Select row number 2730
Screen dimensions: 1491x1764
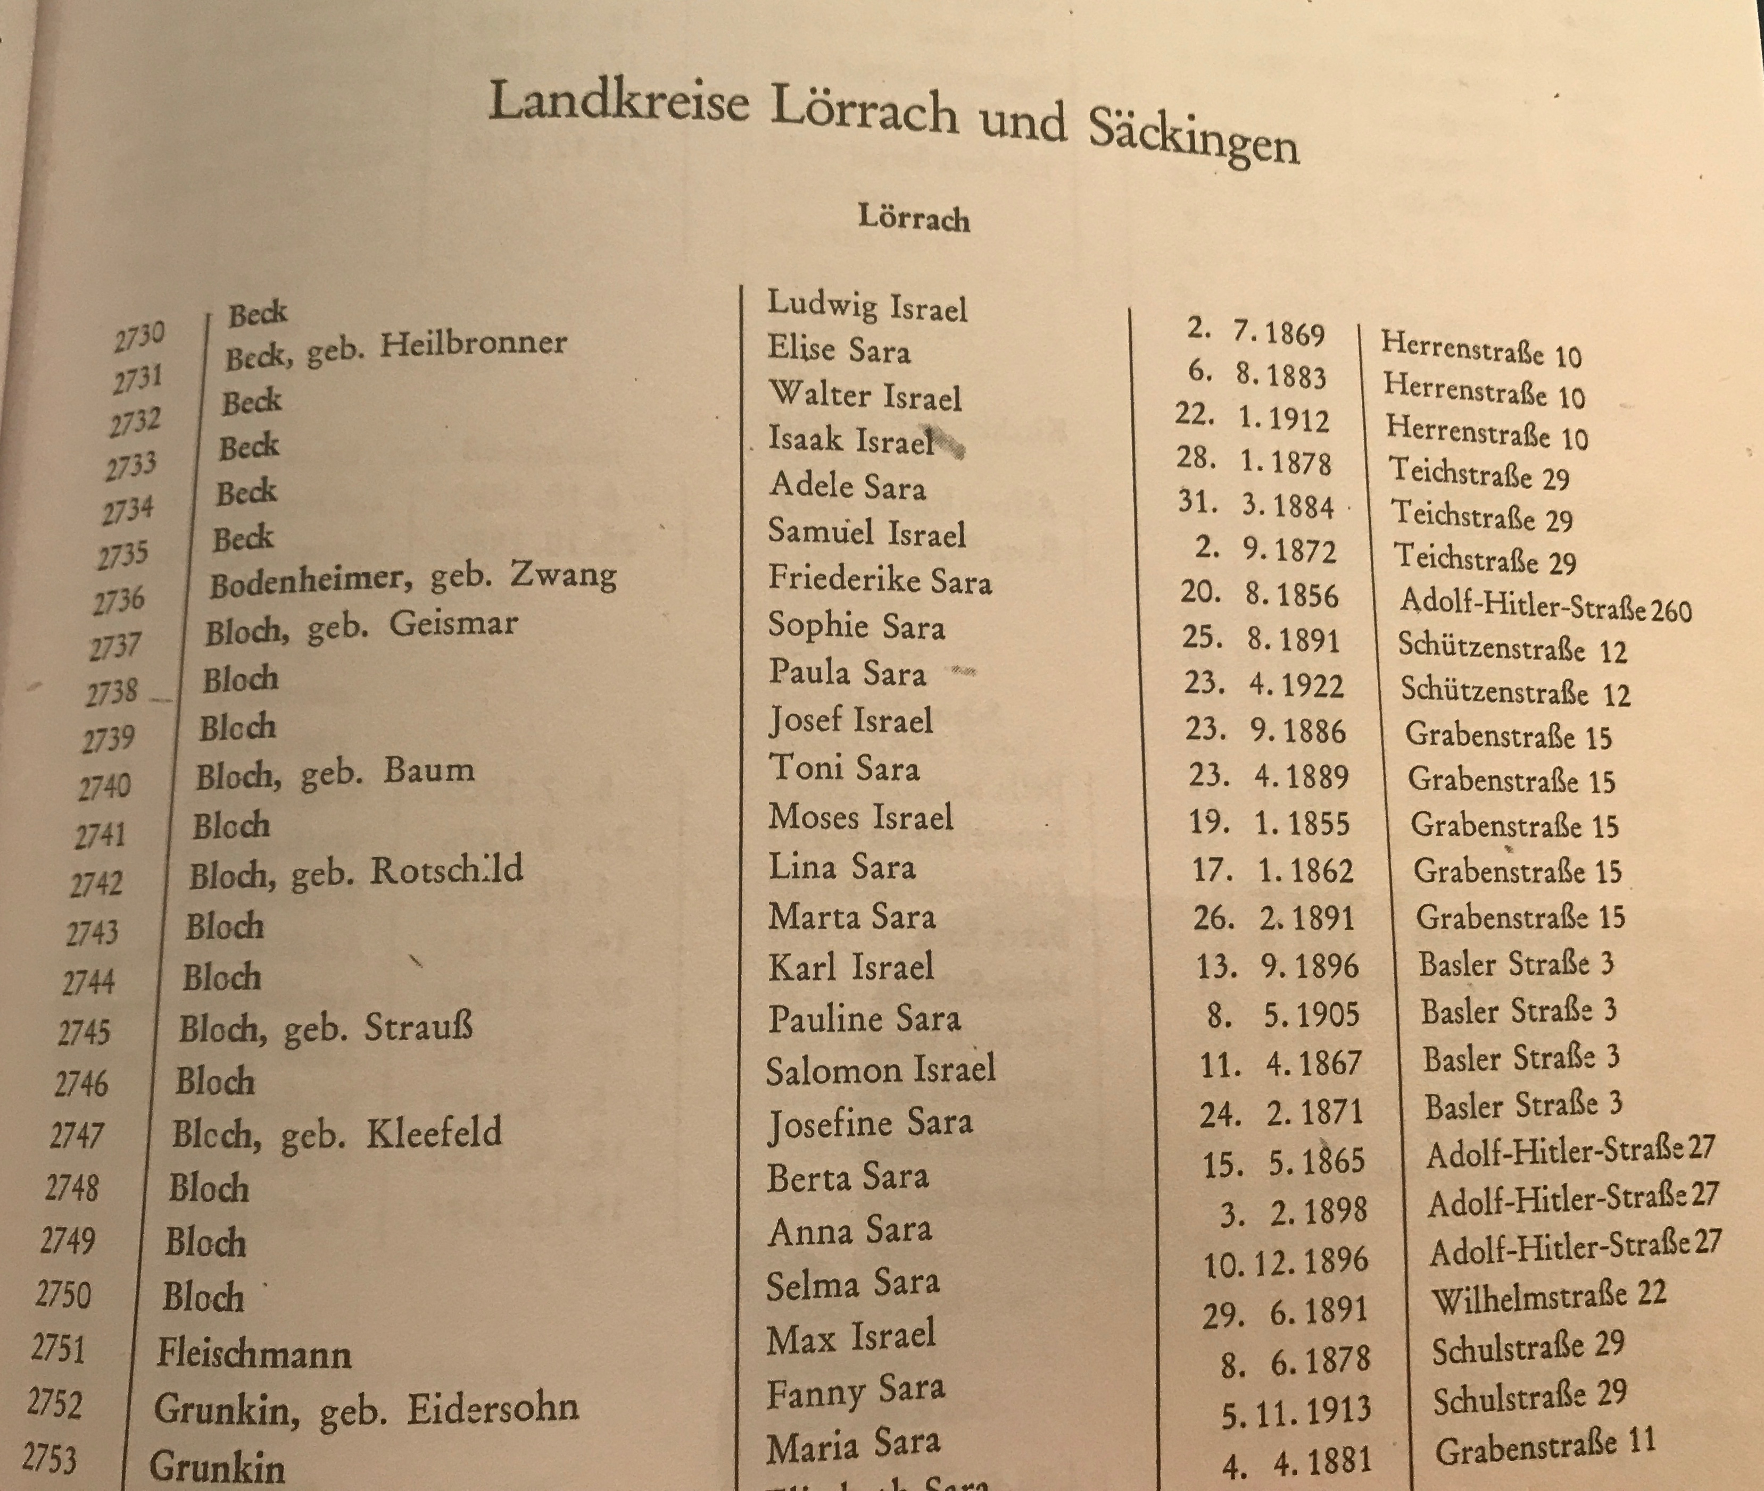tap(139, 337)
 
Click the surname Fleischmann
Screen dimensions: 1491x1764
tap(254, 1354)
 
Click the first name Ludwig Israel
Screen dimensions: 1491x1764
tap(867, 306)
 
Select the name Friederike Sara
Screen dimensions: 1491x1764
tap(880, 580)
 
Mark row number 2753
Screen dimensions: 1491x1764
tap(49, 1458)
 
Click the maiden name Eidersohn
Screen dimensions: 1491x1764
tap(493, 1408)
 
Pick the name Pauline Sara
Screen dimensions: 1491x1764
tap(864, 1018)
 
